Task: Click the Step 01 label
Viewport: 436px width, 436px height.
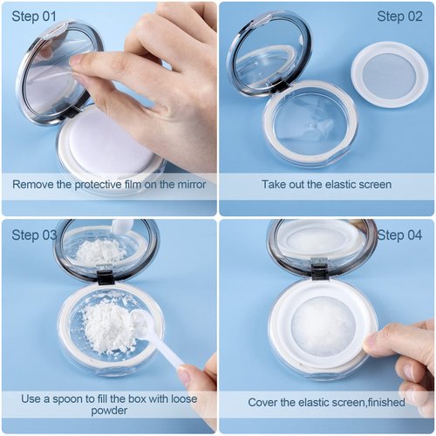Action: (x=34, y=17)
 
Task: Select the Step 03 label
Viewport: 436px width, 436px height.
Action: (x=34, y=235)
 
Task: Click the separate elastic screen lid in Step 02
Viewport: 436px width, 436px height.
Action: (x=389, y=75)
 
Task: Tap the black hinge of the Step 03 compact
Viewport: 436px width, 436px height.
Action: (x=106, y=277)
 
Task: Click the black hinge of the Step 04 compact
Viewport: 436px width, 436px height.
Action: (x=320, y=272)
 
